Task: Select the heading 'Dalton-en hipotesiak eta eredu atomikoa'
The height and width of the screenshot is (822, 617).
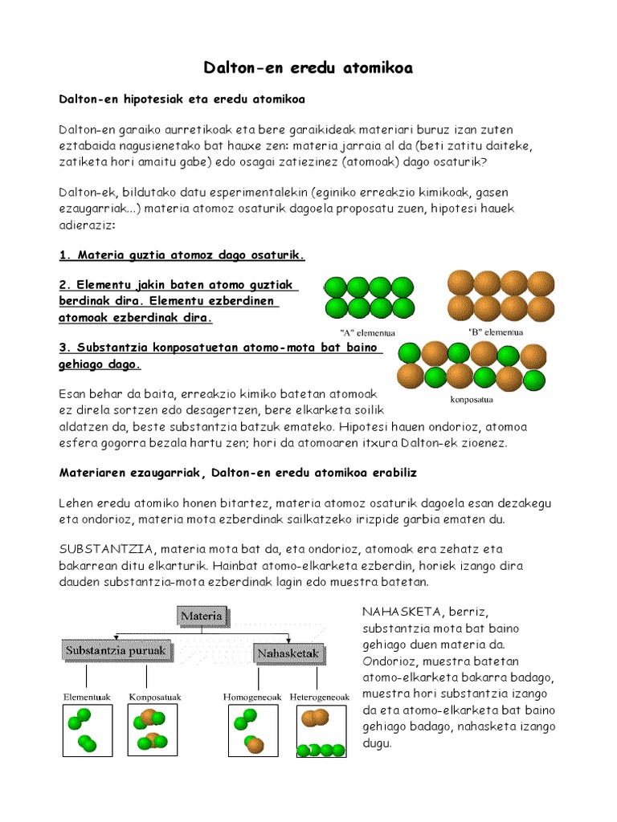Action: tap(182, 99)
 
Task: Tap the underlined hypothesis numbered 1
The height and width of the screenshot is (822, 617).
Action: tap(182, 255)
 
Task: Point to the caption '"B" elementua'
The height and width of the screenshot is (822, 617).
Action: tap(496, 331)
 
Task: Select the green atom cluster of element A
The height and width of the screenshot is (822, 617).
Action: tap(370, 297)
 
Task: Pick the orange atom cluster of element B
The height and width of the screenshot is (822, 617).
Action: tap(501, 295)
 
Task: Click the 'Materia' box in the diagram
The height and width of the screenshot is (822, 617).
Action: tap(202, 616)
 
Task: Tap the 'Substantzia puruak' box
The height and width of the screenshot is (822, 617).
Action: tap(118, 650)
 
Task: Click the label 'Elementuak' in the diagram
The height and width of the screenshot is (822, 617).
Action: tap(88, 696)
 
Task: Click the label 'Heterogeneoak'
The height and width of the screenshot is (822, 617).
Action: tap(320, 696)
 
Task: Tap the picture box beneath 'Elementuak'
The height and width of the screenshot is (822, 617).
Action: tap(88, 731)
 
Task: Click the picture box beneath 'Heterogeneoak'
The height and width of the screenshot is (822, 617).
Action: tap(320, 731)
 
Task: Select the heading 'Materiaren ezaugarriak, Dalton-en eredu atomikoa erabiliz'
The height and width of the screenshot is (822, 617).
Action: tap(239, 473)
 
